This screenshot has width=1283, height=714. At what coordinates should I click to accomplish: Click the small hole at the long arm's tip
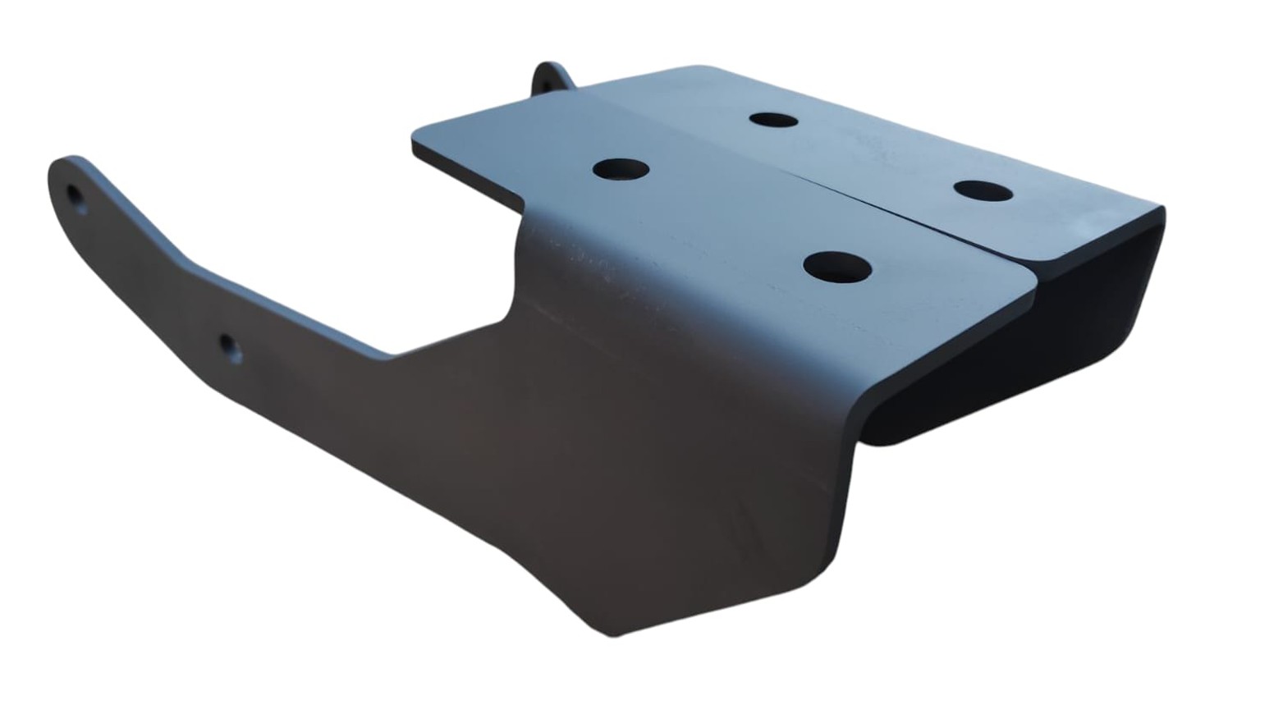tap(76, 198)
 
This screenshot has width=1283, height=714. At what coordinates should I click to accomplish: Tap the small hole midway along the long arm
tap(229, 347)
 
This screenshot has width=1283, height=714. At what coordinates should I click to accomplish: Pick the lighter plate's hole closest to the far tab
tap(773, 120)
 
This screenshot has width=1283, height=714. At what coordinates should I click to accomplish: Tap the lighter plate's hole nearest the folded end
tap(983, 191)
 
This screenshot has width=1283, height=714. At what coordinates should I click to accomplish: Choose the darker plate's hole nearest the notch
tap(621, 170)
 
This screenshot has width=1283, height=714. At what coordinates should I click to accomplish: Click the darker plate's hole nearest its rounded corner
tap(837, 267)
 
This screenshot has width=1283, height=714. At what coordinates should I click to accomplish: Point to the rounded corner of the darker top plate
tap(1030, 279)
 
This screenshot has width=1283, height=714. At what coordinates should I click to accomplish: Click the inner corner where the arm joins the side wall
tap(394, 355)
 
